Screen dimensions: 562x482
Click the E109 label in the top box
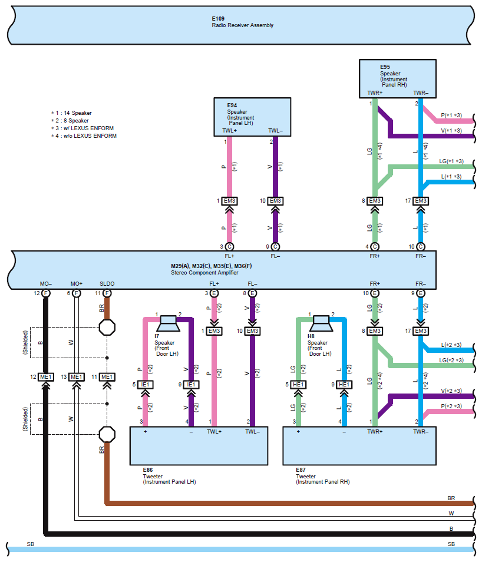point(219,19)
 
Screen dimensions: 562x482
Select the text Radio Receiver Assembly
point(242,25)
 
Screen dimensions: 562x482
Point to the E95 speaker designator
point(385,67)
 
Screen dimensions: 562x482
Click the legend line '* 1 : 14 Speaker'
point(71,113)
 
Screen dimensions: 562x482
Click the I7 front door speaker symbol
point(168,321)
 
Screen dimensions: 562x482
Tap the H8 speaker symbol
point(321,321)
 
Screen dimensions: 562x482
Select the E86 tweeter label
point(148,471)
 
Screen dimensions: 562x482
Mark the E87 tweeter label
point(302,471)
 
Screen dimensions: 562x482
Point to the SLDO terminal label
point(107,284)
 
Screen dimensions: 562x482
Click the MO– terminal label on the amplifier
point(45,284)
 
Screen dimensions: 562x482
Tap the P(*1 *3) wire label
point(451,115)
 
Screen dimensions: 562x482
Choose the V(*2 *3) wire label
point(451,391)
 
